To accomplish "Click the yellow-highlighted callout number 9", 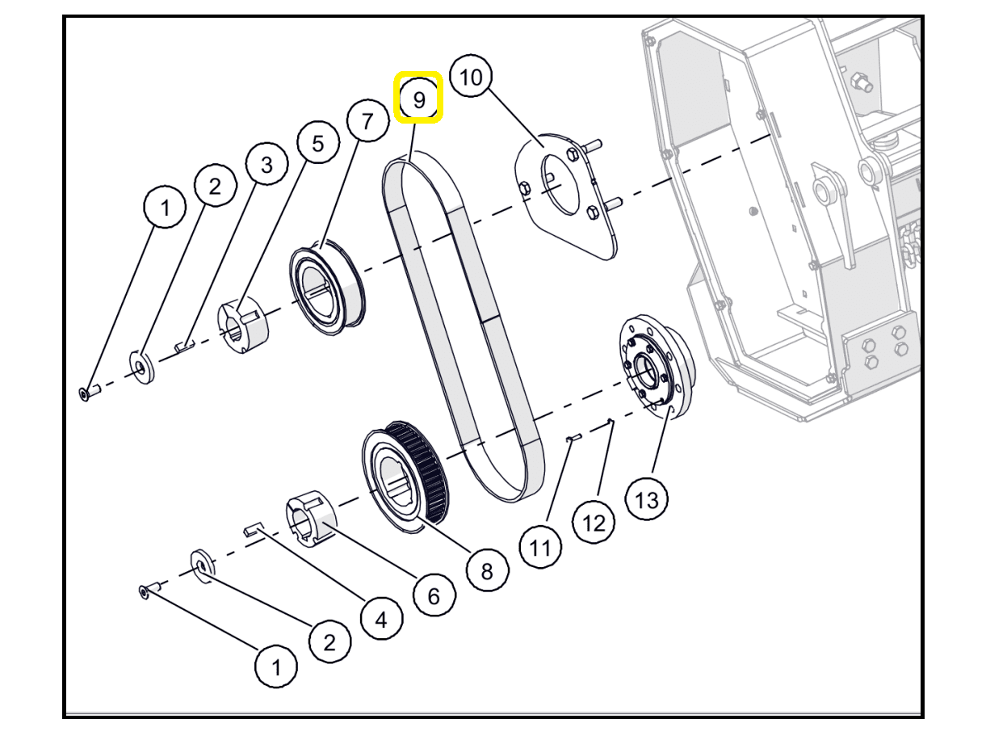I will (x=418, y=99).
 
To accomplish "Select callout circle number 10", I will (x=471, y=78).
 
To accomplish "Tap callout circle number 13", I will (x=647, y=499).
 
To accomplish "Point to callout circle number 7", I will (x=367, y=122).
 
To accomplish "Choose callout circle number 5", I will (x=317, y=144).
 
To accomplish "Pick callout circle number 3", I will (x=266, y=165).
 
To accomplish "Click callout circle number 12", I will (x=594, y=523).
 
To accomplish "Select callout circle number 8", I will (x=487, y=571).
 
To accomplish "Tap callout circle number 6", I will (x=434, y=596).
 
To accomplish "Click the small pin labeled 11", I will (x=573, y=438).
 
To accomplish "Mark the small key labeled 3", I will (x=184, y=347).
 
